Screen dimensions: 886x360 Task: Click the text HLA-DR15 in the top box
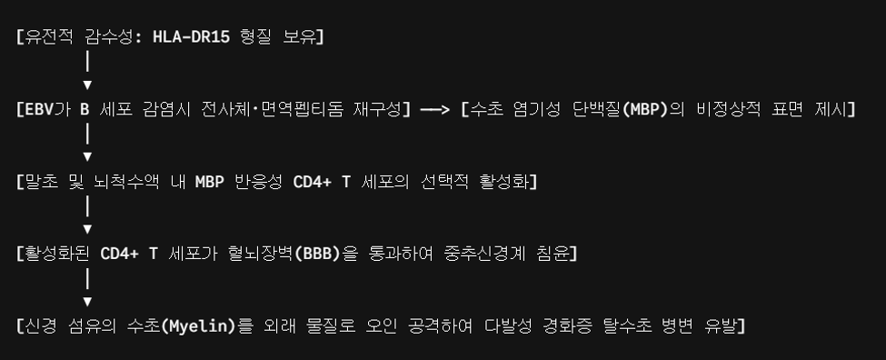pyautogui.click(x=191, y=37)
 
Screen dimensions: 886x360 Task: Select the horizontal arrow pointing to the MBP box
pyautogui.click(x=435, y=109)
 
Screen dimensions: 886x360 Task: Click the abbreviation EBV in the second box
pyautogui.click(x=38, y=109)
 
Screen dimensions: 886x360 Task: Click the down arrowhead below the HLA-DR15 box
pyautogui.click(x=87, y=85)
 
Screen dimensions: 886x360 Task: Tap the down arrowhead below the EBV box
pyautogui.click(x=87, y=156)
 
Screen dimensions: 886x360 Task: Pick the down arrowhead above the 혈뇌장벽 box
pyautogui.click(x=87, y=229)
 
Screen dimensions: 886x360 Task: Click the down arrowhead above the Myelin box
pyautogui.click(x=87, y=302)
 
